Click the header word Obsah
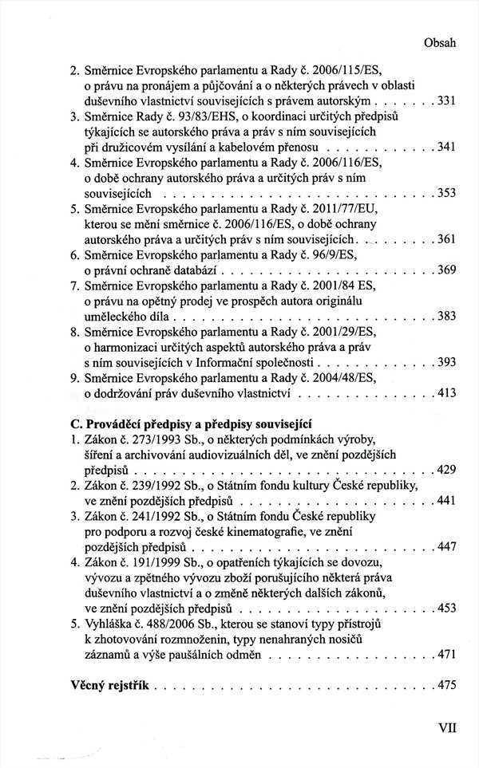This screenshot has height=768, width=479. point(439,45)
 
